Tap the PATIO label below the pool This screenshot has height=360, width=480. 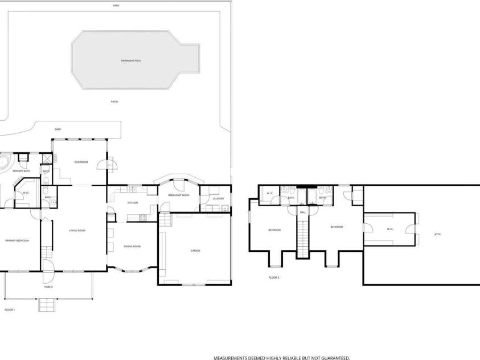coord(114,101)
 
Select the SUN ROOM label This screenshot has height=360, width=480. coord(81,162)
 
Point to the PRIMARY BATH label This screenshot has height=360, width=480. coord(22,170)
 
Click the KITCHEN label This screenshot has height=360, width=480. coord(132,203)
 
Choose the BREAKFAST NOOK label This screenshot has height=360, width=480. coord(178,195)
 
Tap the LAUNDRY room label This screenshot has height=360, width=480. coord(219,199)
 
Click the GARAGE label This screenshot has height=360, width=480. coord(195,251)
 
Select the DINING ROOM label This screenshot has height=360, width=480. coord(132,246)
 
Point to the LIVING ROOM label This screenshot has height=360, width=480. coord(77,230)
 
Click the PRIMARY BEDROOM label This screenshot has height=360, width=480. coord(17,241)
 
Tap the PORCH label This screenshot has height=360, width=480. coord(48,287)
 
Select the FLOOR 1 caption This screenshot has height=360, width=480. coord(10,309)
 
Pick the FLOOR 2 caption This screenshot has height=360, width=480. coord(274,277)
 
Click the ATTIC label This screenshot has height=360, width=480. coord(437,234)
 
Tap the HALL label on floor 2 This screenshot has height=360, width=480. coord(303,212)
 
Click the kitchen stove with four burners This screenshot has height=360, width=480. coord(143,217)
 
